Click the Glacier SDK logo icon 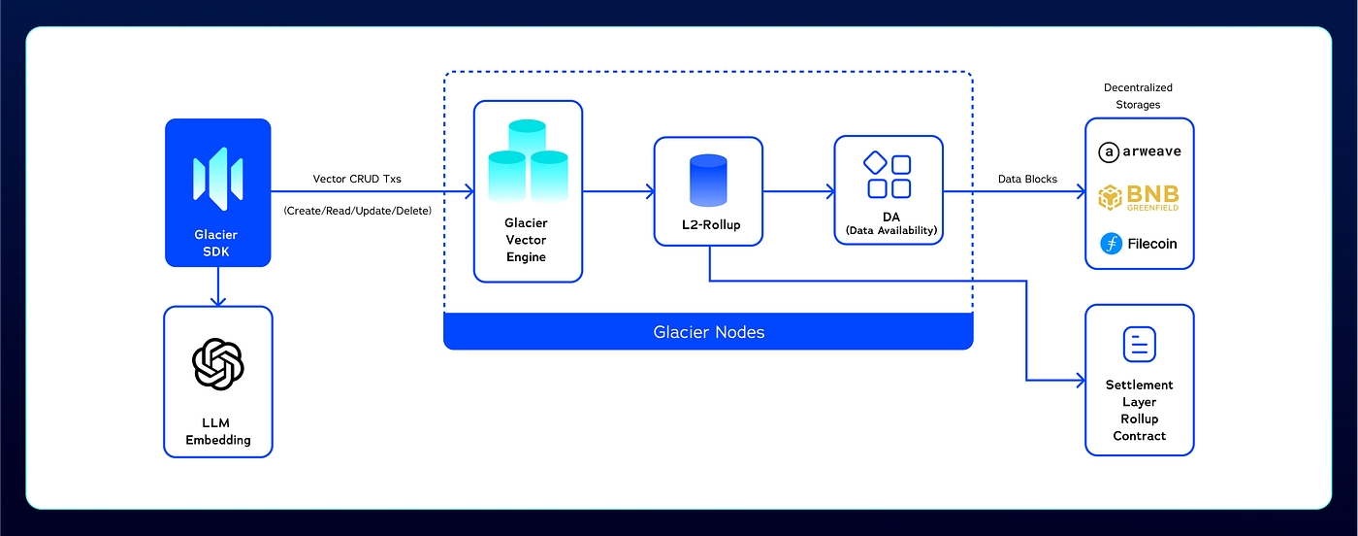pos(217,177)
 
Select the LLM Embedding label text pos(218,431)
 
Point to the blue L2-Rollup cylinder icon pos(708,182)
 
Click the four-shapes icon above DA pos(889,175)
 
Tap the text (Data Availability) pos(889,230)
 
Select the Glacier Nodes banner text pos(708,332)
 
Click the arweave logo pos(1139,152)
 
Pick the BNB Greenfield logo pos(1139,197)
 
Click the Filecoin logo pos(1139,243)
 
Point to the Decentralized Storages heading pos(1138,96)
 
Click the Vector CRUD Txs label pos(357,179)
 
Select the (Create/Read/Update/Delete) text pos(357,210)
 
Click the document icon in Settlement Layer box pos(1139,345)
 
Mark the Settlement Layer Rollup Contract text pos(1139,411)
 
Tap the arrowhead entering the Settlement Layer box pos(1080,380)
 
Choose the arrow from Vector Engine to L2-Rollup pos(617,192)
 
